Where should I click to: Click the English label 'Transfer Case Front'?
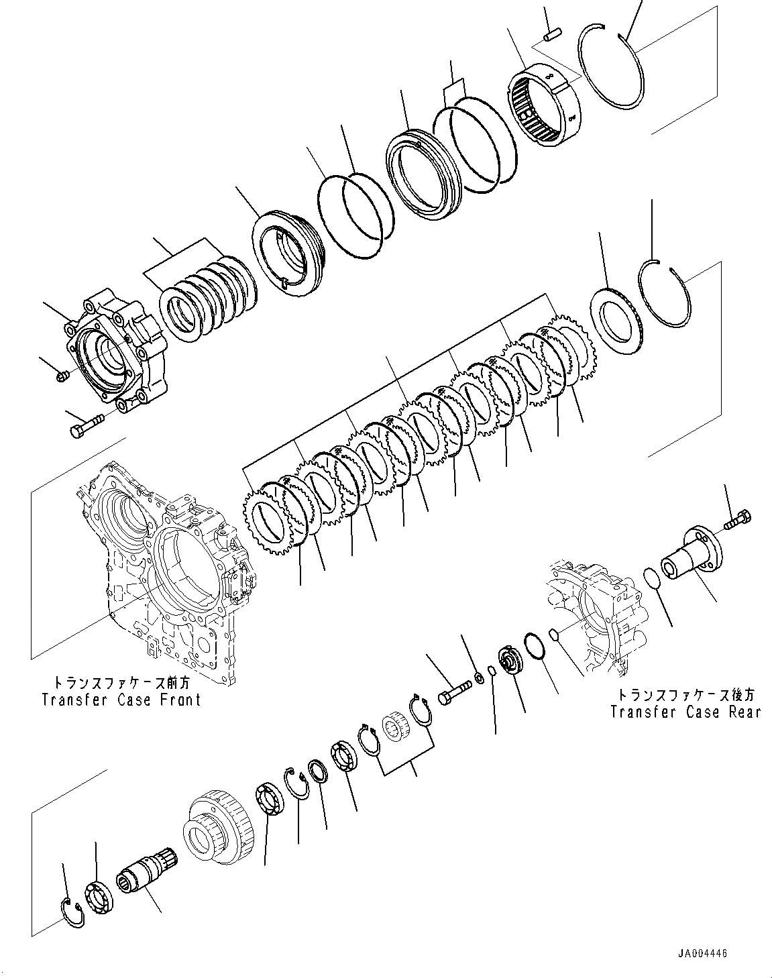click(x=121, y=700)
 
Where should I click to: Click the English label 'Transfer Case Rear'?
click(x=685, y=711)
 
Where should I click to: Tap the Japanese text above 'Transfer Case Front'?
click(x=121, y=683)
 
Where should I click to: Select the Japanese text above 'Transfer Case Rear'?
click(x=685, y=695)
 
